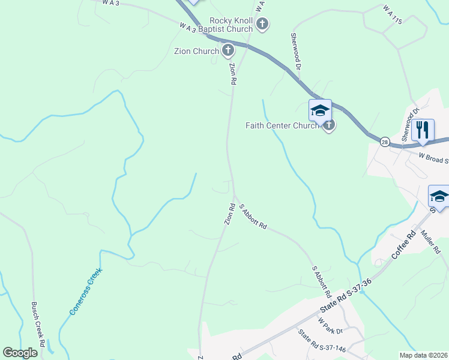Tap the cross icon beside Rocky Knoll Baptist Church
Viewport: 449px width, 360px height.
point(262,25)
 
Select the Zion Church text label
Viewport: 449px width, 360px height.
point(196,51)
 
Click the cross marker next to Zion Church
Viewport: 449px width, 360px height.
point(228,50)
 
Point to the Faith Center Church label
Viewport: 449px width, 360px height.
point(282,125)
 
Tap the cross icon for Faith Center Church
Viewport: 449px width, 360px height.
point(328,125)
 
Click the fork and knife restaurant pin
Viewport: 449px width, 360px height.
point(423,130)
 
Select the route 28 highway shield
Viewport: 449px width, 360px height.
point(384,141)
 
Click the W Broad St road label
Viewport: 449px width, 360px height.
point(433,158)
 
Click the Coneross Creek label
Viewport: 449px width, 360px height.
point(86,292)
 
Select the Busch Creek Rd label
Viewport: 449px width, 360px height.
point(38,325)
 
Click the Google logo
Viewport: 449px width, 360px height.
point(20,352)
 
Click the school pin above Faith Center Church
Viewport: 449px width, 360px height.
point(320,110)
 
